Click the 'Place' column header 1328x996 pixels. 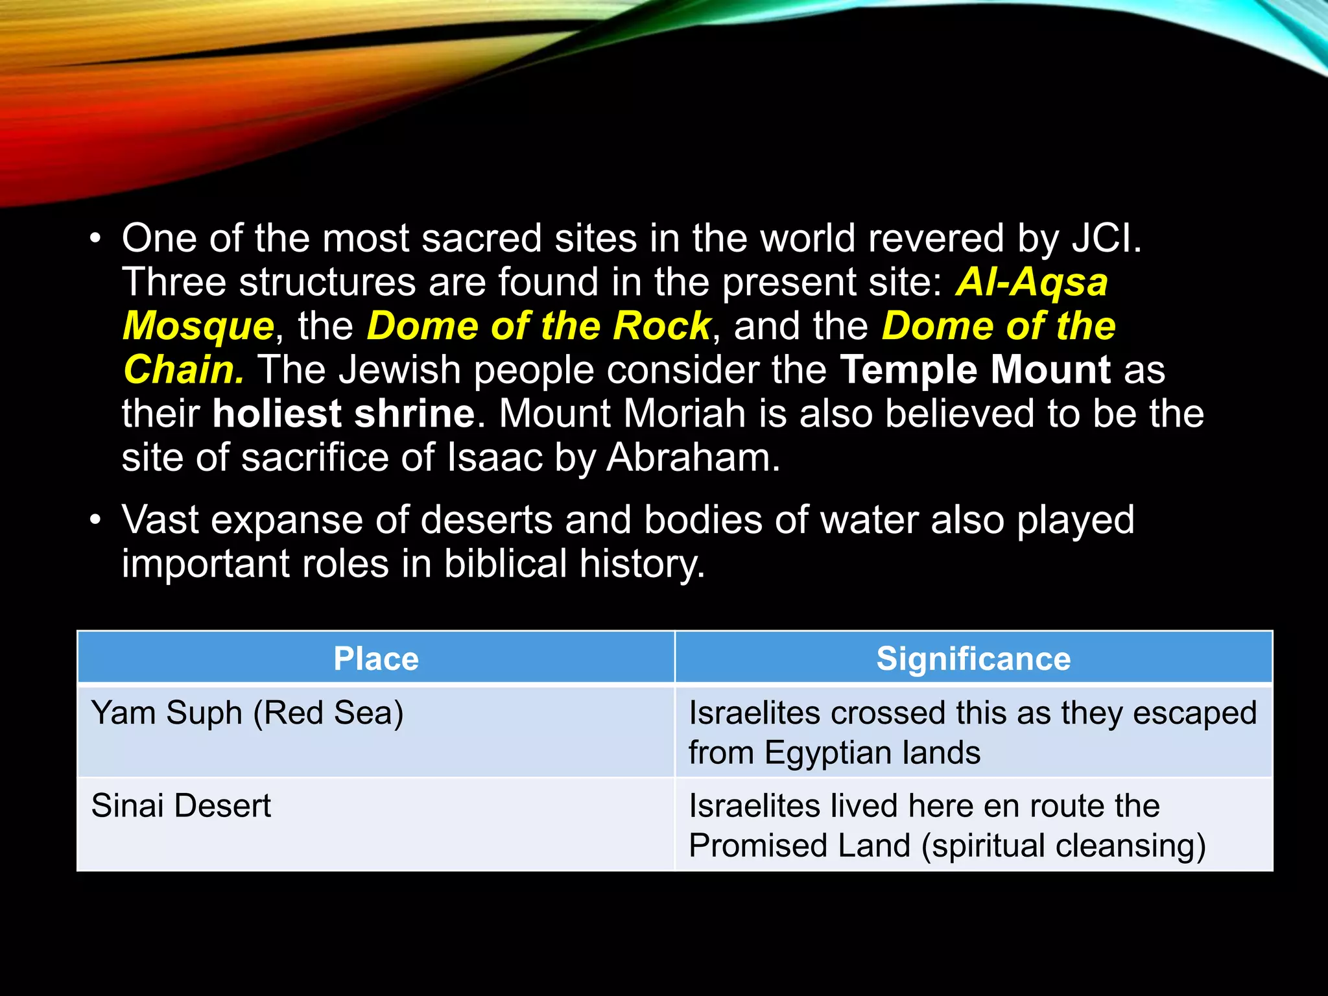point(375,659)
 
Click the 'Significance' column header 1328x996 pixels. point(973,659)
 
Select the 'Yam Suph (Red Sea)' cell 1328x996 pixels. point(247,713)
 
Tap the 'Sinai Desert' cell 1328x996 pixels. point(181,806)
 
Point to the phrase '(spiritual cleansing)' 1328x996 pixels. point(1063,846)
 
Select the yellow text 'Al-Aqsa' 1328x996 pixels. point(1032,283)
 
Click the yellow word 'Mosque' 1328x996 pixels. point(198,326)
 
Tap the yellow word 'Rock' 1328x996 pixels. point(661,326)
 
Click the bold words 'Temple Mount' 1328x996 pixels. point(975,370)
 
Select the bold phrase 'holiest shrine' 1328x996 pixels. point(344,414)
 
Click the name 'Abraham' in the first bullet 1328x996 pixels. point(692,458)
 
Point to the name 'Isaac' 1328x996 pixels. point(494,458)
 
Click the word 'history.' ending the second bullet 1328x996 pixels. point(641,563)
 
